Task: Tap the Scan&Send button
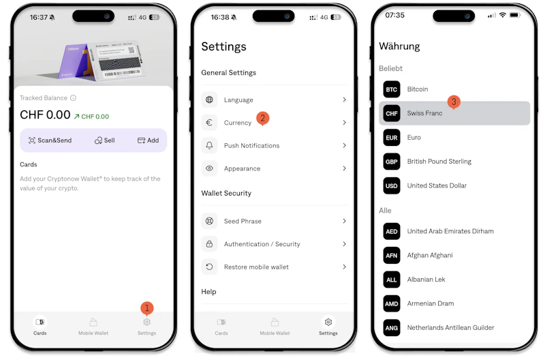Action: pos(50,140)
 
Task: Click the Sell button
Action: pos(105,140)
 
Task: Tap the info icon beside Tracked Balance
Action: pos(73,97)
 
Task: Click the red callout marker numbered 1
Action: pos(147,308)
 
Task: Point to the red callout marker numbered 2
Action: pos(263,118)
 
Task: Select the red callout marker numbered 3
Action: pos(454,102)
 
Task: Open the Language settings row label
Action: pos(238,100)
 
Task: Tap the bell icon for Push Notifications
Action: pos(209,145)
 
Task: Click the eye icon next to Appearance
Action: pos(209,168)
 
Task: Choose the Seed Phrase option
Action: pos(243,221)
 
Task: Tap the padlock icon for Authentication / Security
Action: pos(209,244)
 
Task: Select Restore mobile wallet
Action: pos(256,267)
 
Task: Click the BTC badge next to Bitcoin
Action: pos(391,89)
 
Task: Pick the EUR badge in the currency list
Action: pos(391,138)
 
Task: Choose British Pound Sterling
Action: pos(439,162)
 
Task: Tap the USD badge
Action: pos(391,185)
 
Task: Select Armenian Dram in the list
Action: pos(431,303)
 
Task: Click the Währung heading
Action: pos(399,46)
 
